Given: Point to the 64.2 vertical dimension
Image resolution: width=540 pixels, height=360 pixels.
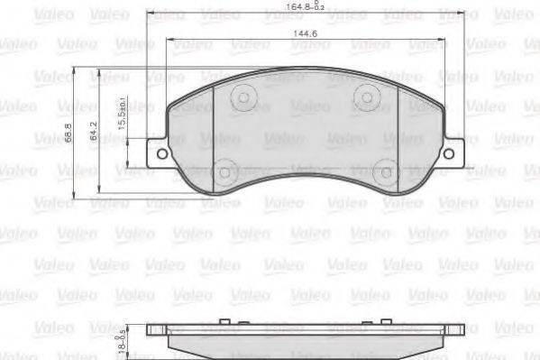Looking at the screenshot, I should [94, 132].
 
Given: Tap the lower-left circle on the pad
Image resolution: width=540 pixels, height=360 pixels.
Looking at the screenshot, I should [226, 169].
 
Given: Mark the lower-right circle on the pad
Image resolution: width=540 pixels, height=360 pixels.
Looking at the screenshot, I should [384, 170].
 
